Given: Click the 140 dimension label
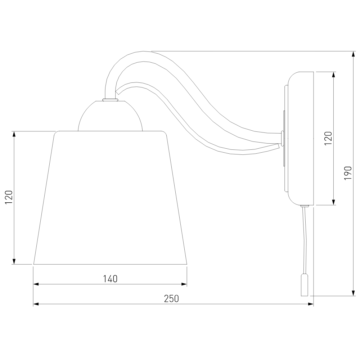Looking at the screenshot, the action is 110,279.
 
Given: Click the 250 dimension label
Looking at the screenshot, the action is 171,299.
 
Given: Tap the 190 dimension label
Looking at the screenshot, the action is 348,173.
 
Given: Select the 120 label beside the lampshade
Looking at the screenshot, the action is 9,197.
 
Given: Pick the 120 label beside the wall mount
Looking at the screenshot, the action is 328,138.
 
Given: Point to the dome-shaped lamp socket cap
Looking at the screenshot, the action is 110,116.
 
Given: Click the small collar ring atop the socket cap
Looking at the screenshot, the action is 110,100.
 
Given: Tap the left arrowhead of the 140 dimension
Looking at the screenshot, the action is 36,284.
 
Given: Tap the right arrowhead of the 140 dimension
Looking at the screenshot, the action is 184,284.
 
